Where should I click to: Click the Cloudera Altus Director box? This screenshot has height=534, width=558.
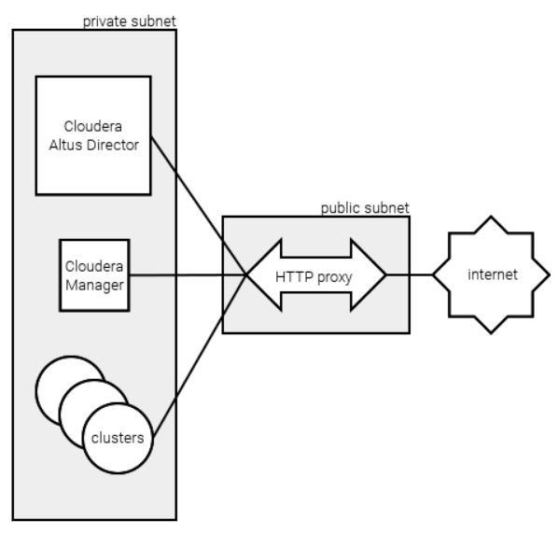(x=93, y=135)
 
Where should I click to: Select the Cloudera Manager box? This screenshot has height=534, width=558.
(x=94, y=275)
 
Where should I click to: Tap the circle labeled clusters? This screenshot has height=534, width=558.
(x=119, y=438)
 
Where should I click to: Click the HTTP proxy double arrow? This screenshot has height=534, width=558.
(x=316, y=275)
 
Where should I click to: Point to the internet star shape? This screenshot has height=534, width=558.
(x=491, y=274)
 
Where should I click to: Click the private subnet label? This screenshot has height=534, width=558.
(x=129, y=21)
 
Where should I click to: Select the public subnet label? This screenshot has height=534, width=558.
(x=365, y=208)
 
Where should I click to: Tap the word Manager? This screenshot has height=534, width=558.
(x=94, y=285)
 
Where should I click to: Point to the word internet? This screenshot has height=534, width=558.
(x=493, y=274)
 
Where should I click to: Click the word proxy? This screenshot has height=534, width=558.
(x=334, y=277)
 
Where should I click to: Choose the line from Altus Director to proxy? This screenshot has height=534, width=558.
(x=199, y=205)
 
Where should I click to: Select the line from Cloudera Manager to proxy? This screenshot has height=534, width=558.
(x=188, y=275)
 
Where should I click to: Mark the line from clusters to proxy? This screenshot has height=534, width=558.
(x=200, y=357)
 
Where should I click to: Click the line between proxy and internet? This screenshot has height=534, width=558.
(x=410, y=274)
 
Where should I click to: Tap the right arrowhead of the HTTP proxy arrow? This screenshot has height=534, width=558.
(x=369, y=275)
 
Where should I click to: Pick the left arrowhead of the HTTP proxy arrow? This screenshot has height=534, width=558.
(x=264, y=275)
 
